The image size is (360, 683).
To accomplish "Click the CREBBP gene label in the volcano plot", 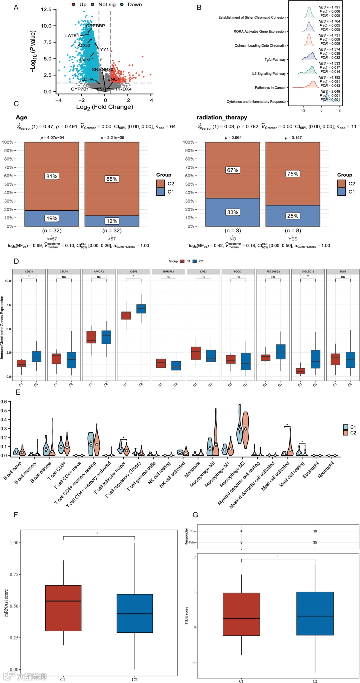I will tap(95, 26).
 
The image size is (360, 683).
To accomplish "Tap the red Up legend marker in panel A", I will tap(74, 5).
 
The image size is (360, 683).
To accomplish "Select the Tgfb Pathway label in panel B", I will tap(275, 60).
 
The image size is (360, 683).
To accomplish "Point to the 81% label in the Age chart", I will tap(52, 176).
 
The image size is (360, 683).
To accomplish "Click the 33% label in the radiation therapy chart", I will tap(233, 212).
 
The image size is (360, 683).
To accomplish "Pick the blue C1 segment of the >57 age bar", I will tap(112, 221).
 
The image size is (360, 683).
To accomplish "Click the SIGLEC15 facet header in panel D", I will tap(308, 271).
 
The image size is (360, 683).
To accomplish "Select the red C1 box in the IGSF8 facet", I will tap(126, 315).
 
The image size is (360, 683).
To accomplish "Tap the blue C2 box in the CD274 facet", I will tap(37, 356).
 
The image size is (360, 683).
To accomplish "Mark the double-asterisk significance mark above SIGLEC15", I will tap(308, 276).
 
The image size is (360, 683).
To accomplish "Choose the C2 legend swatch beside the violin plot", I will tap(346, 433).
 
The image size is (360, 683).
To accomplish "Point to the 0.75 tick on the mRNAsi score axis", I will tap(14, 574).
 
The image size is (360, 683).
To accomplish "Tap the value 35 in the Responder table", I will tap(315, 542).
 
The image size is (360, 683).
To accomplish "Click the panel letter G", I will tap(195, 515).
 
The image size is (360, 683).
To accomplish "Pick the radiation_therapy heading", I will tap(222, 117).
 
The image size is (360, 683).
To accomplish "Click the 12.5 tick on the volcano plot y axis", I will tap(46, 9).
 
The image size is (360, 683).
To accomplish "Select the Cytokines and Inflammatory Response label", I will tap(256, 102).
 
